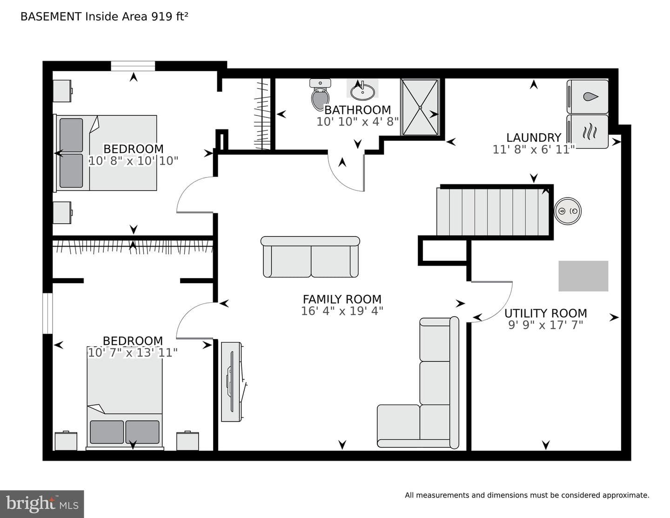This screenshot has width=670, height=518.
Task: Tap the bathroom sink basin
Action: coord(362,92)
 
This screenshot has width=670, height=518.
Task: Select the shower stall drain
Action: coord(420,108)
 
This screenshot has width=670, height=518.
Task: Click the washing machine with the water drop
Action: coord(588,96)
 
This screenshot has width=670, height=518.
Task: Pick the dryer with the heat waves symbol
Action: coord(588,131)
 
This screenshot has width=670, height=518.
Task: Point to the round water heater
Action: coord(568,211)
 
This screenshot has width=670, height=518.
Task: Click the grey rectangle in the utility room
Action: coord(583,276)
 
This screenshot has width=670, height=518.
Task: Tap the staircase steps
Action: coord(493,212)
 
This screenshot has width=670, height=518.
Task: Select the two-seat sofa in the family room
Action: coord(310,257)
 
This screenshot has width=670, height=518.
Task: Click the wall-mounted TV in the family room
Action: coord(231,382)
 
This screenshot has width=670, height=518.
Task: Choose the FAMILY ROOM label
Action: coord(342,299)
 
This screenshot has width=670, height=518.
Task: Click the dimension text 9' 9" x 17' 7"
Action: coord(545,325)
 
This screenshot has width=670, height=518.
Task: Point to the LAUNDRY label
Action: coord(534,137)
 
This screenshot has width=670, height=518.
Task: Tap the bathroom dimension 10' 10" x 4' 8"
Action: coord(358,122)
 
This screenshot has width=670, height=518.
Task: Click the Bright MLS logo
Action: coord(42,504)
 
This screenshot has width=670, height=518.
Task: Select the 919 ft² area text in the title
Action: coord(169,16)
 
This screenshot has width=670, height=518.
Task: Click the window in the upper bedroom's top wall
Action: coord(133,66)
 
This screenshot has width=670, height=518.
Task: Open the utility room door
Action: coord(491,302)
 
